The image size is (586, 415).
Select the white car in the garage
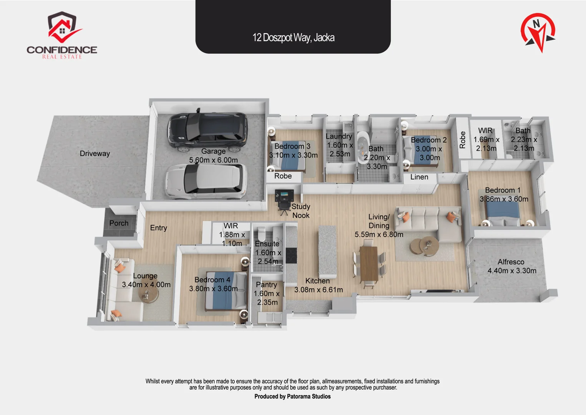pyautogui.click(x=206, y=181)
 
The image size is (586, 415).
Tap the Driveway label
pyautogui.click(x=95, y=153)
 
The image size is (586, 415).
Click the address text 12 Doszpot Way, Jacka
pyautogui.click(x=293, y=37)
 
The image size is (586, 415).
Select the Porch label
pyautogui.click(x=119, y=223)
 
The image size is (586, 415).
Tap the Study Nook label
pyautogui.click(x=301, y=211)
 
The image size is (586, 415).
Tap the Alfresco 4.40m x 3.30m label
pyautogui.click(x=511, y=266)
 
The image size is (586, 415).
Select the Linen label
pyautogui.click(x=419, y=177)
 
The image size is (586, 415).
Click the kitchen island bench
pyautogui.click(x=327, y=252)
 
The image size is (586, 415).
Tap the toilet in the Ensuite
pyautogui.click(x=262, y=233)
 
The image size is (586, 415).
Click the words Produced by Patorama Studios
pyautogui.click(x=292, y=397)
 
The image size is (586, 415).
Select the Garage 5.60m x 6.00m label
pyautogui.click(x=213, y=156)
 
